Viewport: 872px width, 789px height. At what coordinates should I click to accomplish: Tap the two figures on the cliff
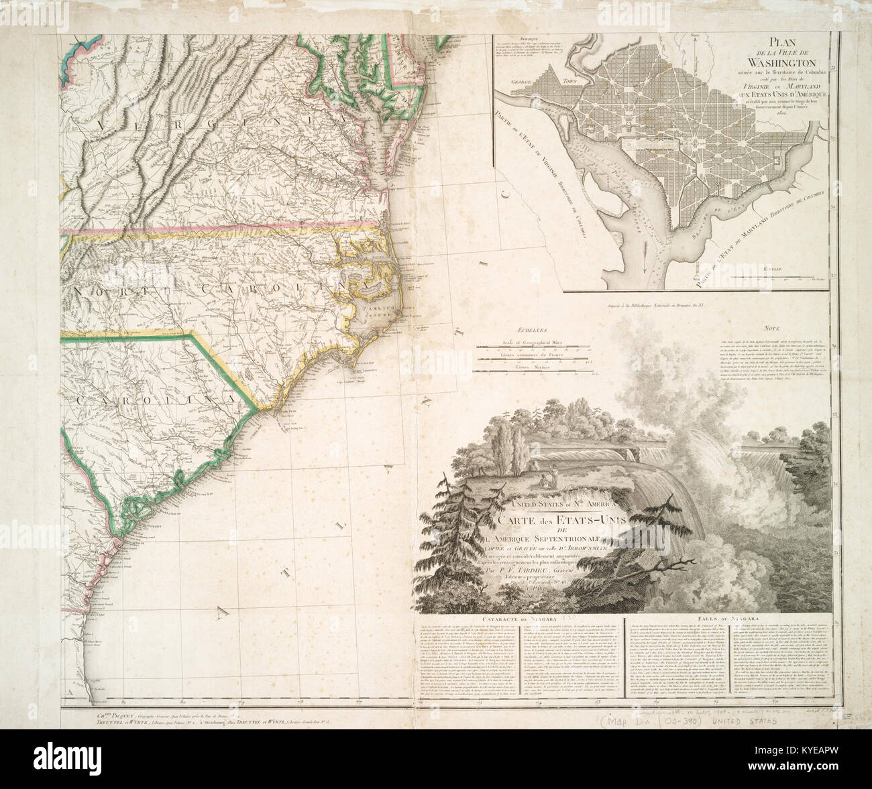point(549,478)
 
